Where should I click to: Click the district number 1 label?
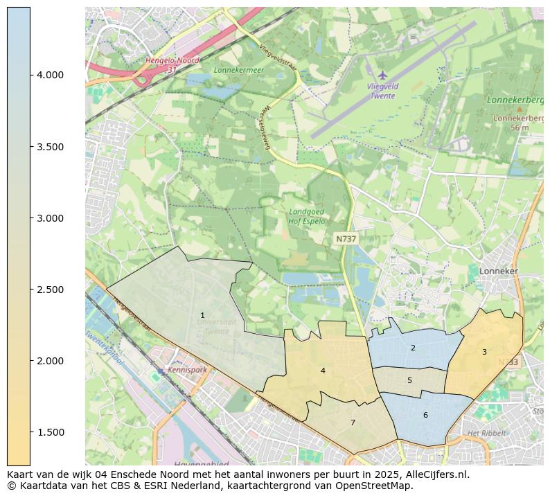click(x=202, y=315)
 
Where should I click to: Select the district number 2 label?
click(x=413, y=348)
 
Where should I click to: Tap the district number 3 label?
click(x=484, y=352)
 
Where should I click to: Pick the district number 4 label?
click(x=323, y=371)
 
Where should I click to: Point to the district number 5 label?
click(x=409, y=380)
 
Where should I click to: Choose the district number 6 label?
click(x=425, y=415)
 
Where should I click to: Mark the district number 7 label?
click(x=353, y=423)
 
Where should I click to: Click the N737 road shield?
click(x=346, y=239)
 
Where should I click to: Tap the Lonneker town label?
click(x=498, y=272)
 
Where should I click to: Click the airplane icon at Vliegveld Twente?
click(x=382, y=75)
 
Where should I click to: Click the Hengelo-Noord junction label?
click(x=172, y=61)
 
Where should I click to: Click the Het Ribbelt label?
click(x=484, y=434)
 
